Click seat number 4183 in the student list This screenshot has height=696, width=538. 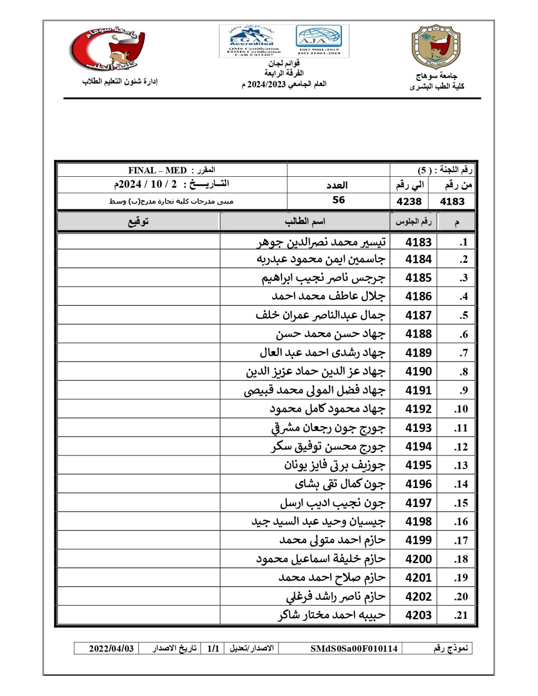(x=418, y=242)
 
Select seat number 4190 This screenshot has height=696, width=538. (x=418, y=372)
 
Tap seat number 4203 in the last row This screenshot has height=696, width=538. (x=418, y=615)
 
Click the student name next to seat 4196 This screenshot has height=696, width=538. (x=339, y=484)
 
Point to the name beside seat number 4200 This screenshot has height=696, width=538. (x=320, y=559)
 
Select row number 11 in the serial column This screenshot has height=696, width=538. (x=460, y=428)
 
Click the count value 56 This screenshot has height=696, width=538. (x=339, y=200)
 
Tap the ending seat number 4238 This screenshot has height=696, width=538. (x=409, y=202)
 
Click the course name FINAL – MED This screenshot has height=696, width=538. (x=157, y=171)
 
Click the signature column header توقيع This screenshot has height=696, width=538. (x=138, y=222)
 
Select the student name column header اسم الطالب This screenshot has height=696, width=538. (x=305, y=222)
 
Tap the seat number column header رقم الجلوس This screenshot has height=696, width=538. (x=413, y=222)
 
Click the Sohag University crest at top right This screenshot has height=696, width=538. (x=436, y=47)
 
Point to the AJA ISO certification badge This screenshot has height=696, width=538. (x=319, y=40)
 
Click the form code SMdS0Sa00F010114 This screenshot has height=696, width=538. (x=354, y=648)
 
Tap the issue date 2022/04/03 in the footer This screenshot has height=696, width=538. (x=111, y=648)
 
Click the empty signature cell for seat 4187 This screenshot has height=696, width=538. (x=139, y=315)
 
